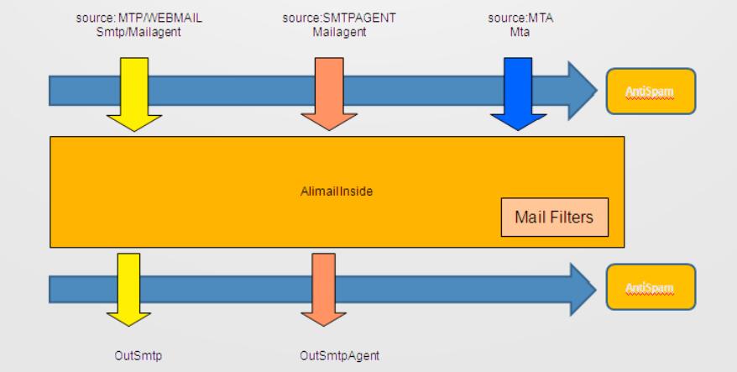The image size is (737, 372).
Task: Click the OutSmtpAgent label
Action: point(334,354)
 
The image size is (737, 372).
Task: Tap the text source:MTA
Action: point(513,14)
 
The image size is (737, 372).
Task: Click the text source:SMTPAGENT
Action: point(330,14)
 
